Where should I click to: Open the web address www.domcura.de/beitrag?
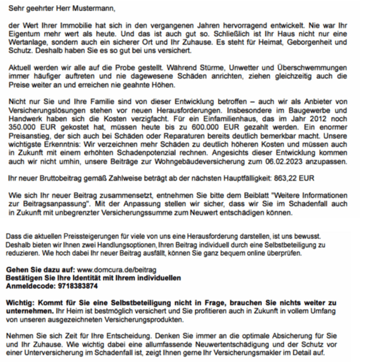click(116, 269)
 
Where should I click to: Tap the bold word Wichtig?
click(22, 303)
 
